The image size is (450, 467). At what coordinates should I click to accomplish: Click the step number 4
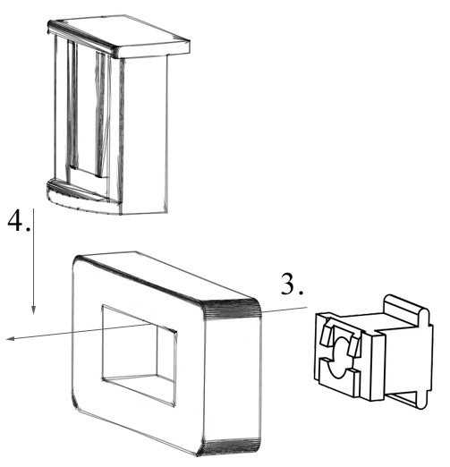coord(19,220)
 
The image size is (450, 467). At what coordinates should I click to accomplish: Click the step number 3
coord(292,284)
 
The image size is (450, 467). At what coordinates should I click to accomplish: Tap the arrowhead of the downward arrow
coord(33,310)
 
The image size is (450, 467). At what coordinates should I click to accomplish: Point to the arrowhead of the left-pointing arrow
coord(12,338)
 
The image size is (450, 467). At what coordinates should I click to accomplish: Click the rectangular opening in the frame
coord(139,355)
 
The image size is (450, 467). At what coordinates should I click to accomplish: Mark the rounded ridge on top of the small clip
coord(406,309)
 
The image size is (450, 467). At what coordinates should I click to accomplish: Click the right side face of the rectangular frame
coord(233,376)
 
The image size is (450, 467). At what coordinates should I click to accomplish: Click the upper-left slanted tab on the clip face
coord(326,335)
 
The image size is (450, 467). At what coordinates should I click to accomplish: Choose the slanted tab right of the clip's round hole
coord(354,346)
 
